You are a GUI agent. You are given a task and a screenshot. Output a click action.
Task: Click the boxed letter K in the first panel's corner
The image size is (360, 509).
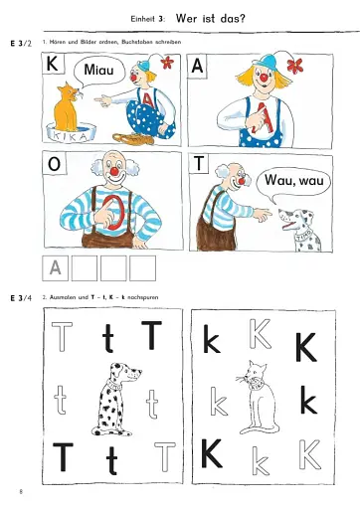(53, 66)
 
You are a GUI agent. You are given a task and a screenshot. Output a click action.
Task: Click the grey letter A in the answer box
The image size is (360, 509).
(56, 267)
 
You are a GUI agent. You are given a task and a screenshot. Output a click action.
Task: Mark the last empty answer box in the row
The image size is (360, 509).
(144, 267)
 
